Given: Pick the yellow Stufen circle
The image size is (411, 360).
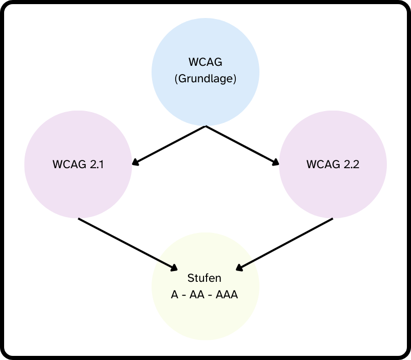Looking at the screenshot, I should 206,314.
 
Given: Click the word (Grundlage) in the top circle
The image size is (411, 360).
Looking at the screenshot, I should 206,79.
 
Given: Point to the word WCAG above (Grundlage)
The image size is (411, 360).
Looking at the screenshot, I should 206,63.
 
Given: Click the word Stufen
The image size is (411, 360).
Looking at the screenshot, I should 204,278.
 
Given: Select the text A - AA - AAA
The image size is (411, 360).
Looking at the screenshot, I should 204,295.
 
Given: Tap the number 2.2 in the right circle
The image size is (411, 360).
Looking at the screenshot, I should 350,165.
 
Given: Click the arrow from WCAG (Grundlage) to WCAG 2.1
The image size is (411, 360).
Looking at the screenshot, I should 170,145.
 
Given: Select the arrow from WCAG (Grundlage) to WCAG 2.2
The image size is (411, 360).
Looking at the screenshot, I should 241,145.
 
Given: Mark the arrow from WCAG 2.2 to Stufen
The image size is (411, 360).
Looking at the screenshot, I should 285,243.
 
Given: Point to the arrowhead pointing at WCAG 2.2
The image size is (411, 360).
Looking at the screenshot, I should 276,163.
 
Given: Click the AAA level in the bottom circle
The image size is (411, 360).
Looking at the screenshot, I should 228,295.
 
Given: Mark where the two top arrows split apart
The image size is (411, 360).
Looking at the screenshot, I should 206,126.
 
